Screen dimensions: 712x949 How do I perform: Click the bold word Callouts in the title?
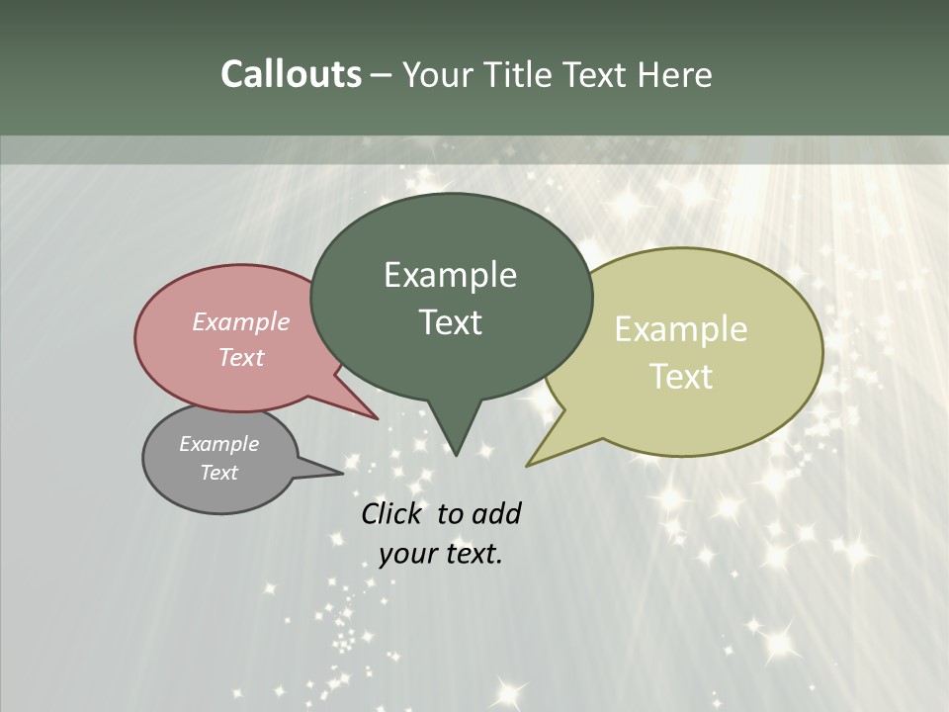[x=291, y=74]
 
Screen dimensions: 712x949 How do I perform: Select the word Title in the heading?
[x=523, y=74]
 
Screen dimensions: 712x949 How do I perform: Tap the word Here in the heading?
[x=676, y=74]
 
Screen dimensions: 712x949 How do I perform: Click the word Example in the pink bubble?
[x=240, y=322]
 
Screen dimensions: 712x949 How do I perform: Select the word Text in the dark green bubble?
[x=450, y=322]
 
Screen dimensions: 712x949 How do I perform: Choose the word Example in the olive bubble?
[x=681, y=329]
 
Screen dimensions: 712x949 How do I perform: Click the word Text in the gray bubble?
[x=218, y=473]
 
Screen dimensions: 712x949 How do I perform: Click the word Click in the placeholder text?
[x=391, y=514]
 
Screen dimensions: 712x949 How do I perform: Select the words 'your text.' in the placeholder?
[x=441, y=554]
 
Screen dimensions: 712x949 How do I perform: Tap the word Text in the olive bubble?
[x=681, y=377]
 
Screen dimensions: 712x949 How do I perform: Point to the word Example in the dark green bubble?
[x=450, y=275]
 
